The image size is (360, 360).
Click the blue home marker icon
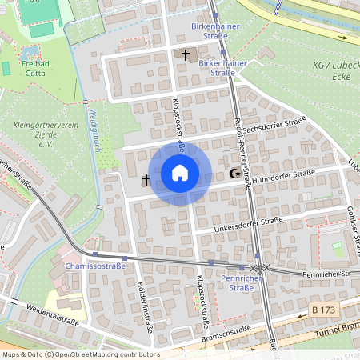pyautogui.click(x=180, y=172)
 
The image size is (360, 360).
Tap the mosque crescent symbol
pyautogui.click(x=234, y=174)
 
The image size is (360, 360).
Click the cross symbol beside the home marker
pyautogui.click(x=146, y=180)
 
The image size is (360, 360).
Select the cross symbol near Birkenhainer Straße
pyautogui.click(x=186, y=55)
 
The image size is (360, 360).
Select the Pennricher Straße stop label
pyautogui.click(x=236, y=282)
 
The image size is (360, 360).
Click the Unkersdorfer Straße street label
pyautogui.click(x=249, y=225)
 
